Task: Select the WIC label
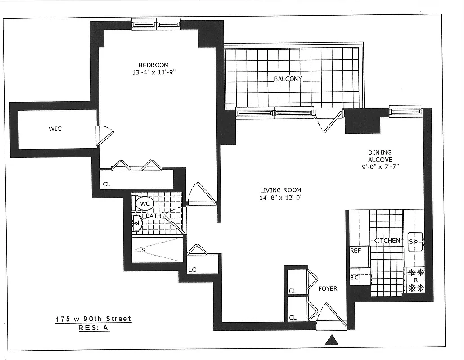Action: [x=55, y=129]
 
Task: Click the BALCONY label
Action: [x=288, y=79]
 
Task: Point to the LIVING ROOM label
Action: [x=280, y=190]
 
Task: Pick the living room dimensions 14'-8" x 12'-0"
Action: [x=280, y=197]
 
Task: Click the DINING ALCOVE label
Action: [x=380, y=156]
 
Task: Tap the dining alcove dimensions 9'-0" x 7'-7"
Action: [x=380, y=166]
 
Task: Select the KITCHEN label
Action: [x=386, y=241]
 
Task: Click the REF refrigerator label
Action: [x=356, y=251]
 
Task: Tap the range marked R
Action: [x=416, y=279]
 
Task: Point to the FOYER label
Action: [x=328, y=288]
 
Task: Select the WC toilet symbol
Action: [x=145, y=204]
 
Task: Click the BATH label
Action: [x=153, y=216]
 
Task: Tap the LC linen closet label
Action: [x=192, y=270]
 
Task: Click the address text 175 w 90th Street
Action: [x=93, y=319]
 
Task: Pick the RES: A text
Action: [x=93, y=328]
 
